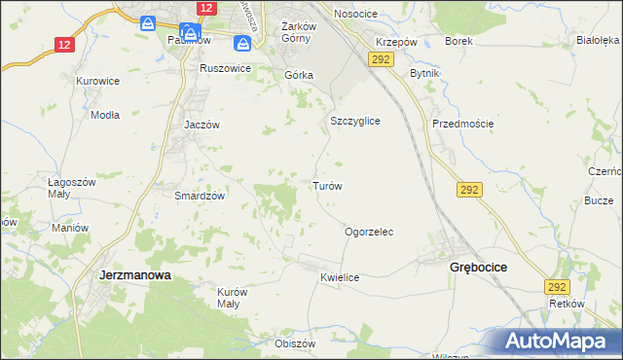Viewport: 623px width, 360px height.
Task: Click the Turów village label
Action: click(x=326, y=185)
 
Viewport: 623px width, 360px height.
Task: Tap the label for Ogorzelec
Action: click(x=369, y=233)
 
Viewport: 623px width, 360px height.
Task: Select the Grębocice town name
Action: click(x=478, y=267)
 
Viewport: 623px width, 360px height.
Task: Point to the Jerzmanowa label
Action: click(x=135, y=275)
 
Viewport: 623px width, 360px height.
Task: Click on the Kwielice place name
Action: click(x=340, y=277)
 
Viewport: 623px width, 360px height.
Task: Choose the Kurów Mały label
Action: click(x=229, y=298)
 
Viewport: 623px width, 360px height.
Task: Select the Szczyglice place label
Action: click(x=354, y=121)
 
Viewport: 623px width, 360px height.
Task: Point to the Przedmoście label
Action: click(x=463, y=124)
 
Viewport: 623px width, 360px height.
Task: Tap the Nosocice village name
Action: click(x=355, y=14)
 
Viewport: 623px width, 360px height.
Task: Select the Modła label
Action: click(x=104, y=114)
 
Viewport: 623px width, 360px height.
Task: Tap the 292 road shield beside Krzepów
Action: click(x=381, y=60)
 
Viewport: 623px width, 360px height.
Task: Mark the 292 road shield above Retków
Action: click(x=557, y=287)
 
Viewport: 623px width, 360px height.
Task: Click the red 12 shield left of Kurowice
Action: click(x=64, y=45)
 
